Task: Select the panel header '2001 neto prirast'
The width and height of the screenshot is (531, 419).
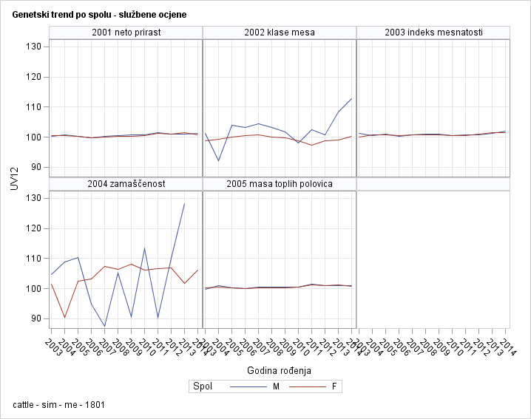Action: pyautogui.click(x=126, y=33)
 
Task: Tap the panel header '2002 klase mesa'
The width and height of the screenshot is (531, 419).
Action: pyautogui.click(x=280, y=33)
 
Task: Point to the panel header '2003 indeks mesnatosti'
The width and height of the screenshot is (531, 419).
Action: pyautogui.click(x=433, y=33)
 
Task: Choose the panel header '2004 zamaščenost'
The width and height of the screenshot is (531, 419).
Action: pyautogui.click(x=126, y=183)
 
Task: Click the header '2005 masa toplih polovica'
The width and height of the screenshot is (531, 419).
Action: pyautogui.click(x=280, y=183)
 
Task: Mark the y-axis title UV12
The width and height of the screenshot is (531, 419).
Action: pyautogui.click(x=15, y=178)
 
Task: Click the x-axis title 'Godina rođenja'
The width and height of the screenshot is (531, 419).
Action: pyautogui.click(x=279, y=370)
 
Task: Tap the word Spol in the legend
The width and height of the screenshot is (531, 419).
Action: pyautogui.click(x=202, y=386)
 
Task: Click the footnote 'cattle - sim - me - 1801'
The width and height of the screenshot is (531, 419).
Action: pyautogui.click(x=58, y=404)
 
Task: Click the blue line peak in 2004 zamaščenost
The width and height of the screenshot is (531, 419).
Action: pyautogui.click(x=184, y=203)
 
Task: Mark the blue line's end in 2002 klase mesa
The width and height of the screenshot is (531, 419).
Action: pyautogui.click(x=351, y=98)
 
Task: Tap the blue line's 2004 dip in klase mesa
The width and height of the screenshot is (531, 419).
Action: pyautogui.click(x=218, y=160)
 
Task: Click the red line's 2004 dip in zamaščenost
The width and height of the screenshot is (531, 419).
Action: pyautogui.click(x=65, y=317)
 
